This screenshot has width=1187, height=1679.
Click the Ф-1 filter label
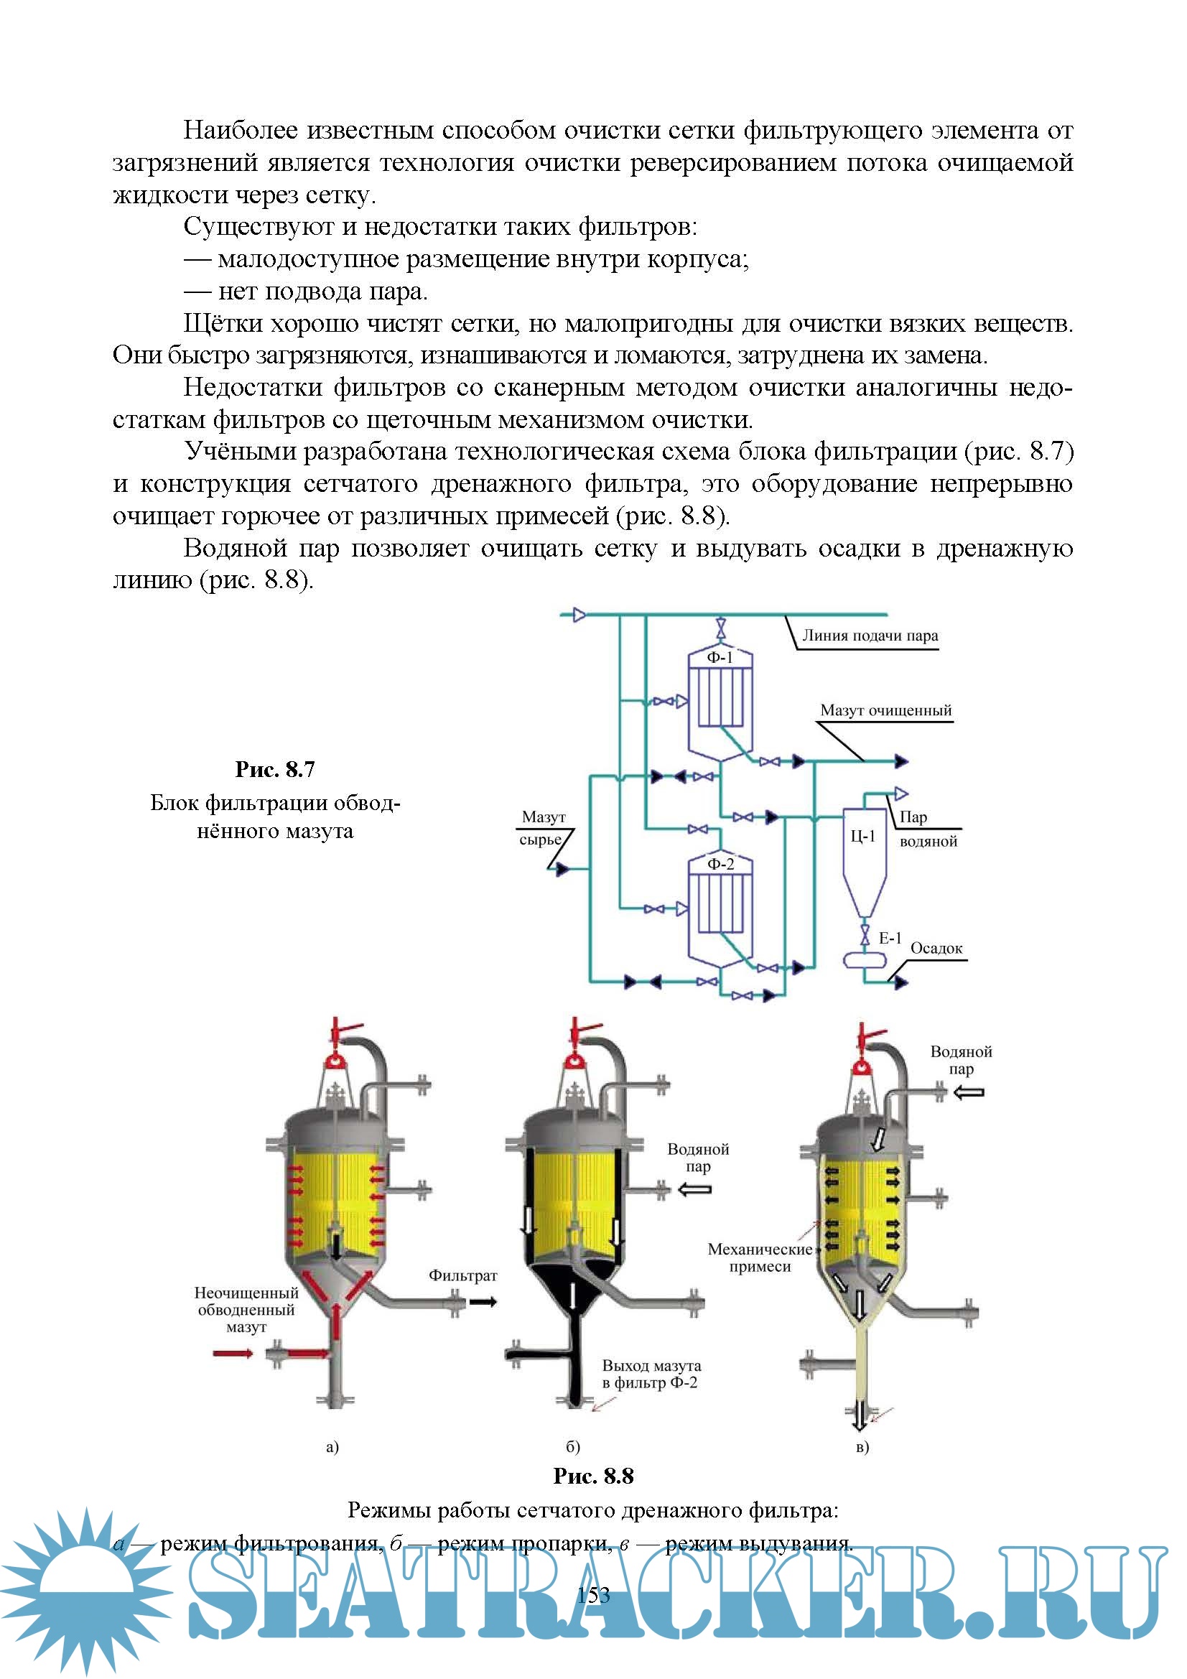719,657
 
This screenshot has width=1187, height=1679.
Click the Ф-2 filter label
720,864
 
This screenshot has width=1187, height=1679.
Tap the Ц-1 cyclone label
862,836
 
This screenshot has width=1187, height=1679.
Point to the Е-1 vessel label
890,938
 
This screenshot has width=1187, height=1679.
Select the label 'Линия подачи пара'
870,636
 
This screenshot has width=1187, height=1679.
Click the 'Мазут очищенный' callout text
885,710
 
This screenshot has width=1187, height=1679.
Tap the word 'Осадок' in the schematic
936,949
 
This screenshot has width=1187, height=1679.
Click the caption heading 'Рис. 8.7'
275,769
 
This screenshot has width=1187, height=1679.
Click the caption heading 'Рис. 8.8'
593,1476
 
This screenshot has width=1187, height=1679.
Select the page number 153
593,1595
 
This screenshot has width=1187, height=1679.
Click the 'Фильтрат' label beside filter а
462,1275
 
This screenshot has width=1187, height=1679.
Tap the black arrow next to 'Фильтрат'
483,1302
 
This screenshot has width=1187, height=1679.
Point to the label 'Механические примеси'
760,1257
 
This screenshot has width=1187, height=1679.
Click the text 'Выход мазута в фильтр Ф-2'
650,1374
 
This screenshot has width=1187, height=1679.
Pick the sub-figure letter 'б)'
572,1446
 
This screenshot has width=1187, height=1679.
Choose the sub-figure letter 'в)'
862,1446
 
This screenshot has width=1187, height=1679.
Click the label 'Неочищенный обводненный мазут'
246,1310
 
